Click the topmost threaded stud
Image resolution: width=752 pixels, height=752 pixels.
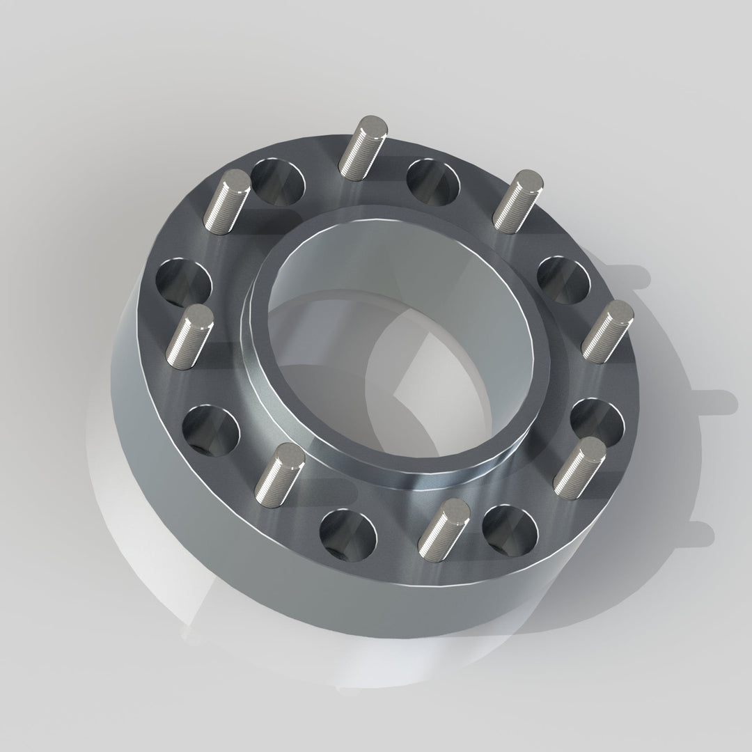(362, 146)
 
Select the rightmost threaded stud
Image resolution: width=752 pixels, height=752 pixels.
(607, 331)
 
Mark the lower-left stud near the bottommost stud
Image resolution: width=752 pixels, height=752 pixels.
(280, 473)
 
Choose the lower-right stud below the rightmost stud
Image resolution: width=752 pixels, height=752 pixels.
(579, 464)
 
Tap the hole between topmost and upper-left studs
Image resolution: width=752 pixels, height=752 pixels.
(278, 182)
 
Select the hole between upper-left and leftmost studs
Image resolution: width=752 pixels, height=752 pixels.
(183, 283)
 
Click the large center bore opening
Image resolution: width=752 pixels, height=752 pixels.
(390, 348)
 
